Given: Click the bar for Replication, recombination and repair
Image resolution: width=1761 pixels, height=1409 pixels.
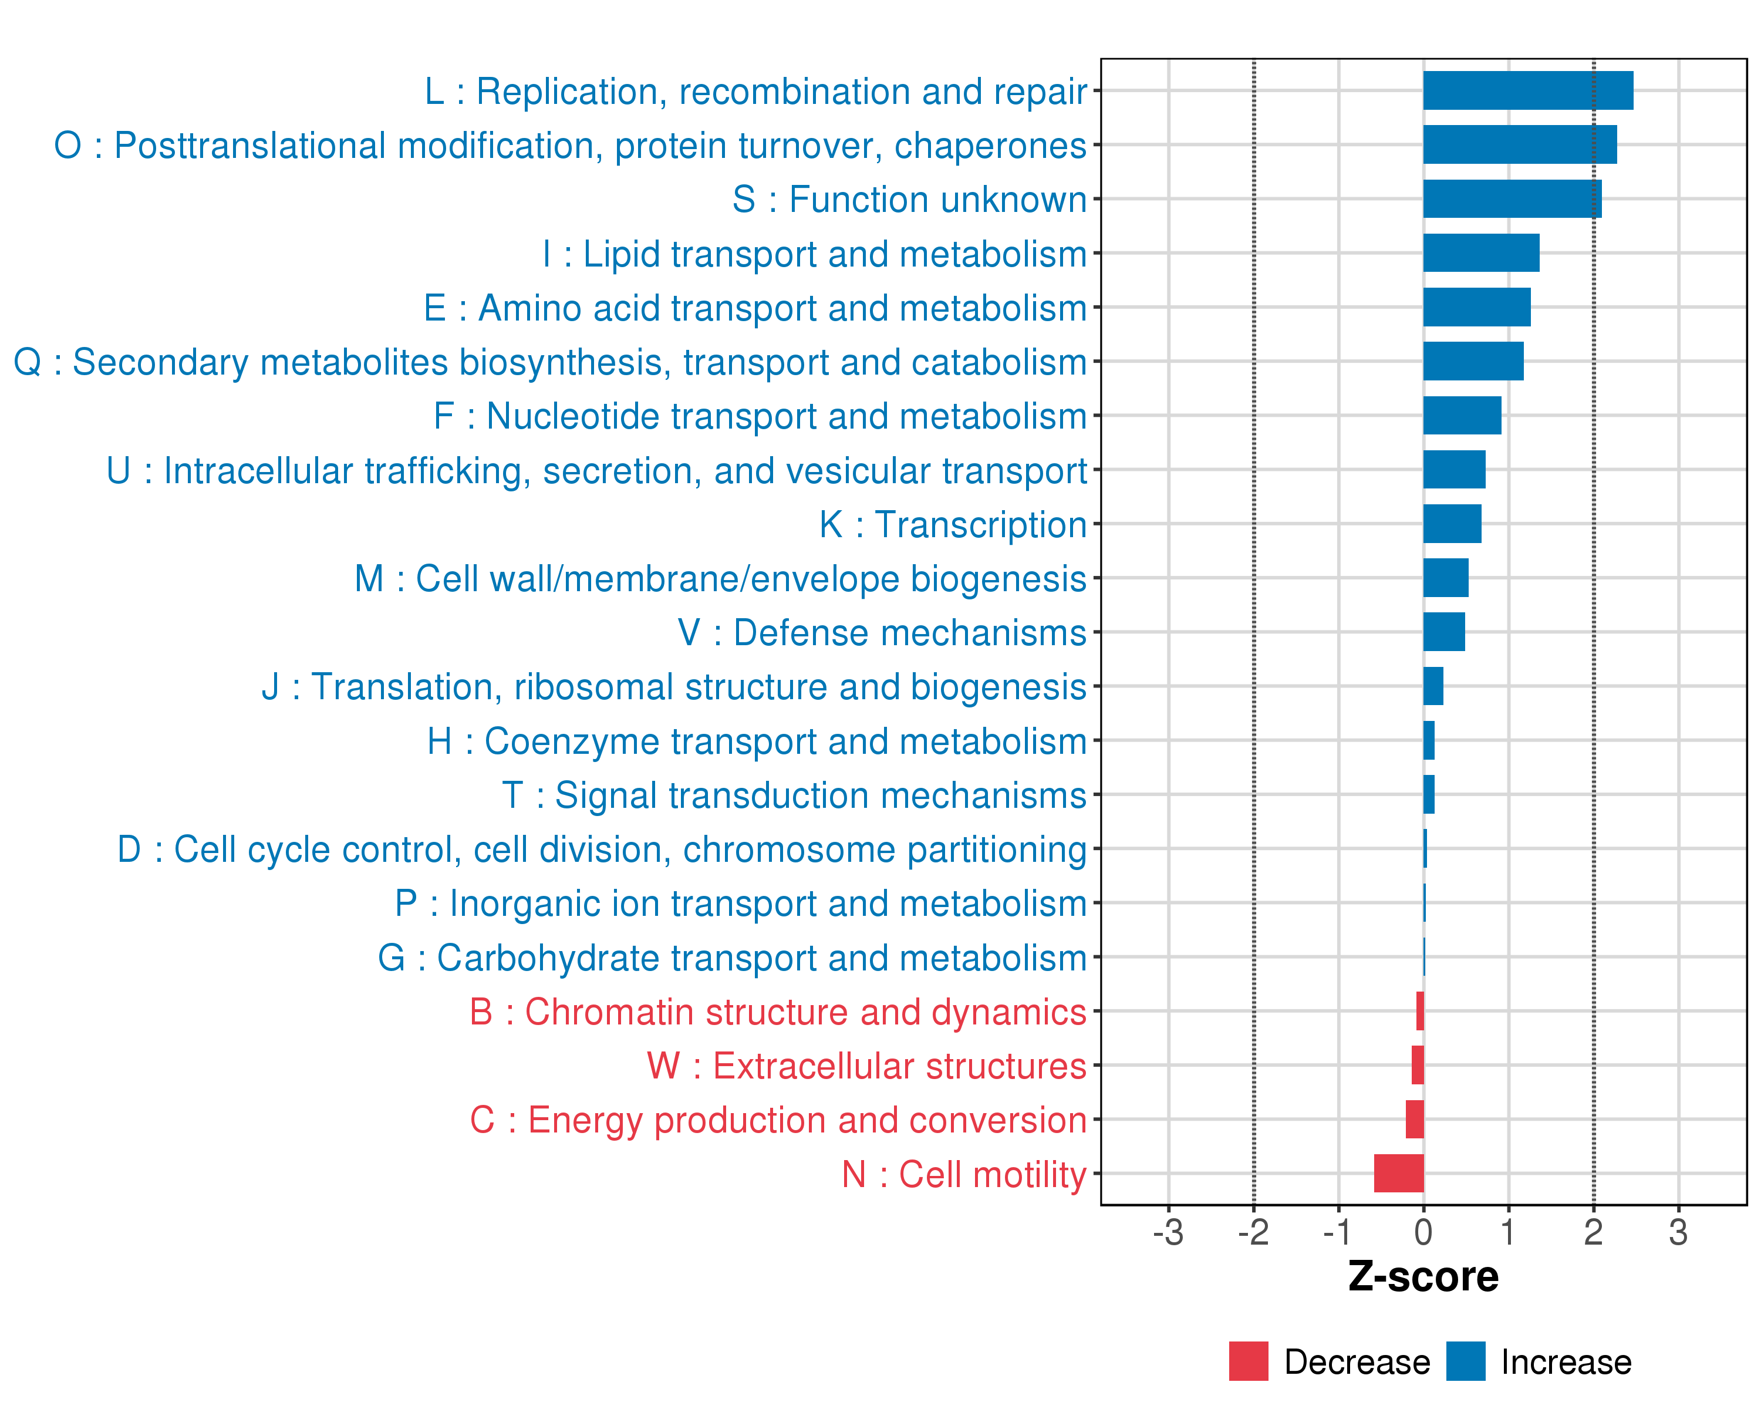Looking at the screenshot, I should [1527, 90].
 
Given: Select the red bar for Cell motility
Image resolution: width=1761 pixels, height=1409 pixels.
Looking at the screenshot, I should [1398, 1173].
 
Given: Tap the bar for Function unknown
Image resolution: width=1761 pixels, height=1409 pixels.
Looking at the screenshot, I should [1512, 199].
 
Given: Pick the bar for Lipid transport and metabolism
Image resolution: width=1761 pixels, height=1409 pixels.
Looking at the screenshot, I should [1481, 253].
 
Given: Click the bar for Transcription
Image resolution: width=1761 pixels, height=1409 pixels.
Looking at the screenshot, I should [1452, 524].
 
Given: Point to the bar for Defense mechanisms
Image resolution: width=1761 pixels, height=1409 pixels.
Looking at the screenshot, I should [1444, 632].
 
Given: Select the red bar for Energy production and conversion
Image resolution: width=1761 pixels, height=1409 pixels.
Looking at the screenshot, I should [1415, 1119].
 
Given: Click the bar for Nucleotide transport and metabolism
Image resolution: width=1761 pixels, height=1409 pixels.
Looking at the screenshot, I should [1462, 416].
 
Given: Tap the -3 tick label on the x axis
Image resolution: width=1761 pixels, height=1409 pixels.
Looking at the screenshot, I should [1168, 1232].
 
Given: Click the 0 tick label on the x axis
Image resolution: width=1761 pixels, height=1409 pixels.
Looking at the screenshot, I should [1423, 1232].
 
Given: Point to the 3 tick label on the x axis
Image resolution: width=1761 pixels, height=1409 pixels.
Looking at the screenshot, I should [1678, 1232].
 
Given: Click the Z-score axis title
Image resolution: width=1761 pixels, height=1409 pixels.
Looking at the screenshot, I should [1423, 1277].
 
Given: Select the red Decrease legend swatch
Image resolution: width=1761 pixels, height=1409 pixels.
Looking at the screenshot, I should [1248, 1361].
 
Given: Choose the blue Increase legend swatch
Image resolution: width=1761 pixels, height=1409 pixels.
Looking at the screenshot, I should [1465, 1361].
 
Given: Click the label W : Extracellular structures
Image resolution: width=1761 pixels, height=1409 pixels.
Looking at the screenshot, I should [866, 1066].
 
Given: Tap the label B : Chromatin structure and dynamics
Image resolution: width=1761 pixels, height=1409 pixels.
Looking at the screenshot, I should [778, 1012].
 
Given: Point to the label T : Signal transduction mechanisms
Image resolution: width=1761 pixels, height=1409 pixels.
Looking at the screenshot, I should [794, 795].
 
